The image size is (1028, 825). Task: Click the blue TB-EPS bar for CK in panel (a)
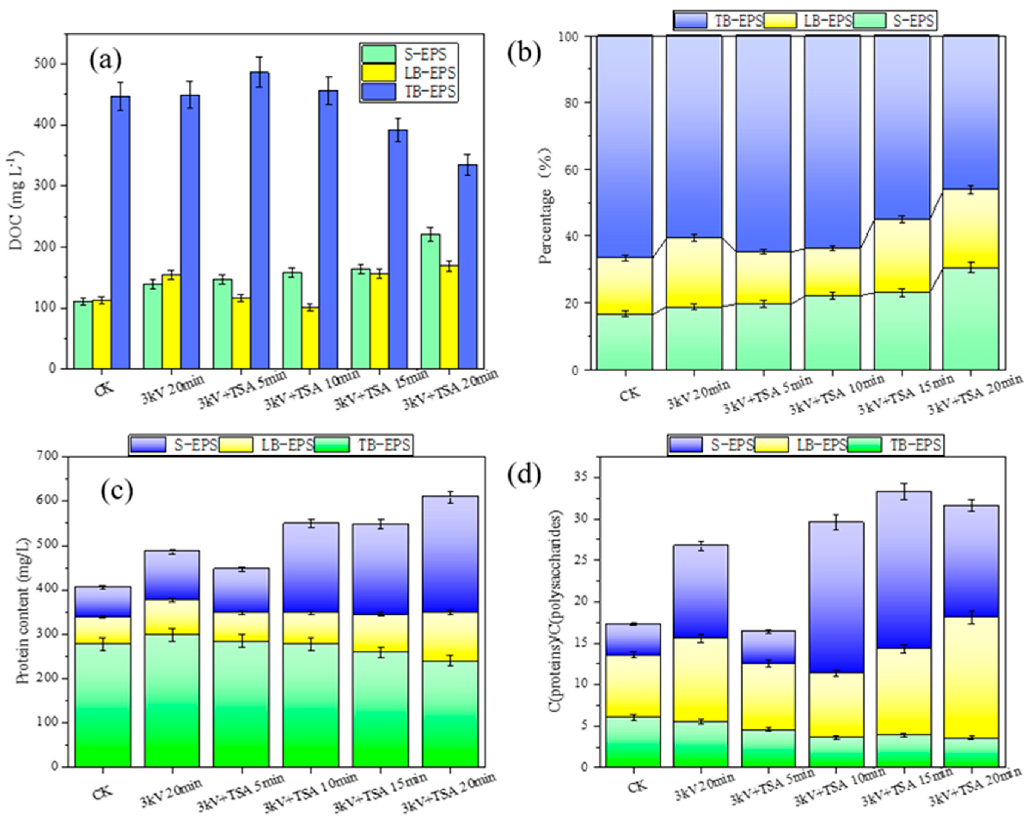pos(120,233)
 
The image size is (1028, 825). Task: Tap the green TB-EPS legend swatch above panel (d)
pos(863,445)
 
